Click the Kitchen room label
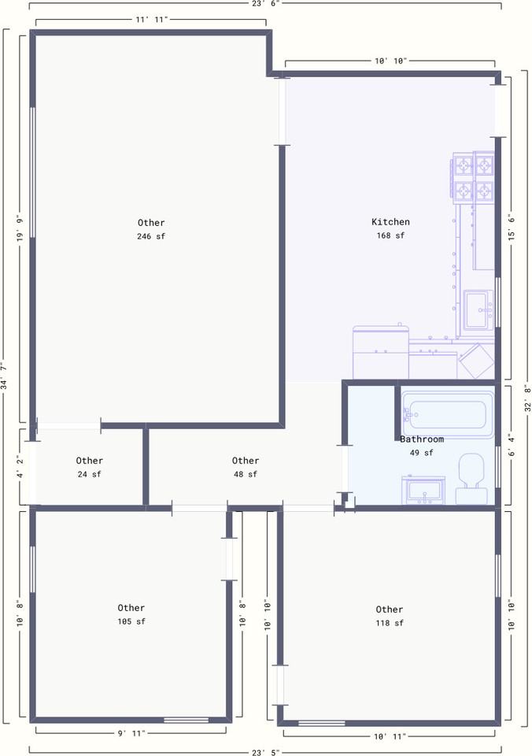(390, 222)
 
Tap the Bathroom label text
(422, 439)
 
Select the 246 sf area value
(151, 236)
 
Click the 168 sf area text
(390, 235)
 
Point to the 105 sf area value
(131, 621)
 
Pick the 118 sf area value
(390, 623)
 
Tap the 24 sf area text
(89, 474)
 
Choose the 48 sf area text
(246, 474)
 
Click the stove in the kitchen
(473, 176)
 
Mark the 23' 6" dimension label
(265, 3)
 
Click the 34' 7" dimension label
(5, 376)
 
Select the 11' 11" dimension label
(151, 19)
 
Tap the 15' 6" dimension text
(512, 227)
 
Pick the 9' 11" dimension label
(131, 733)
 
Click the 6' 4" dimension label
(512, 447)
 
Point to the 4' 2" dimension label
(19, 468)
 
